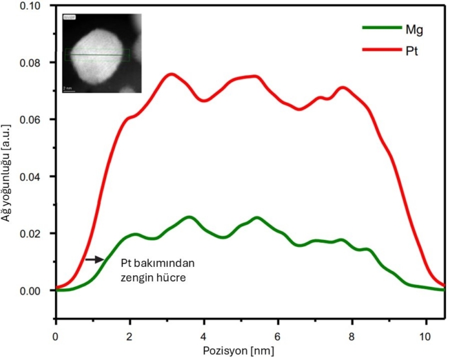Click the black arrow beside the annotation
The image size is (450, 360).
pyautogui.click(x=94, y=259)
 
